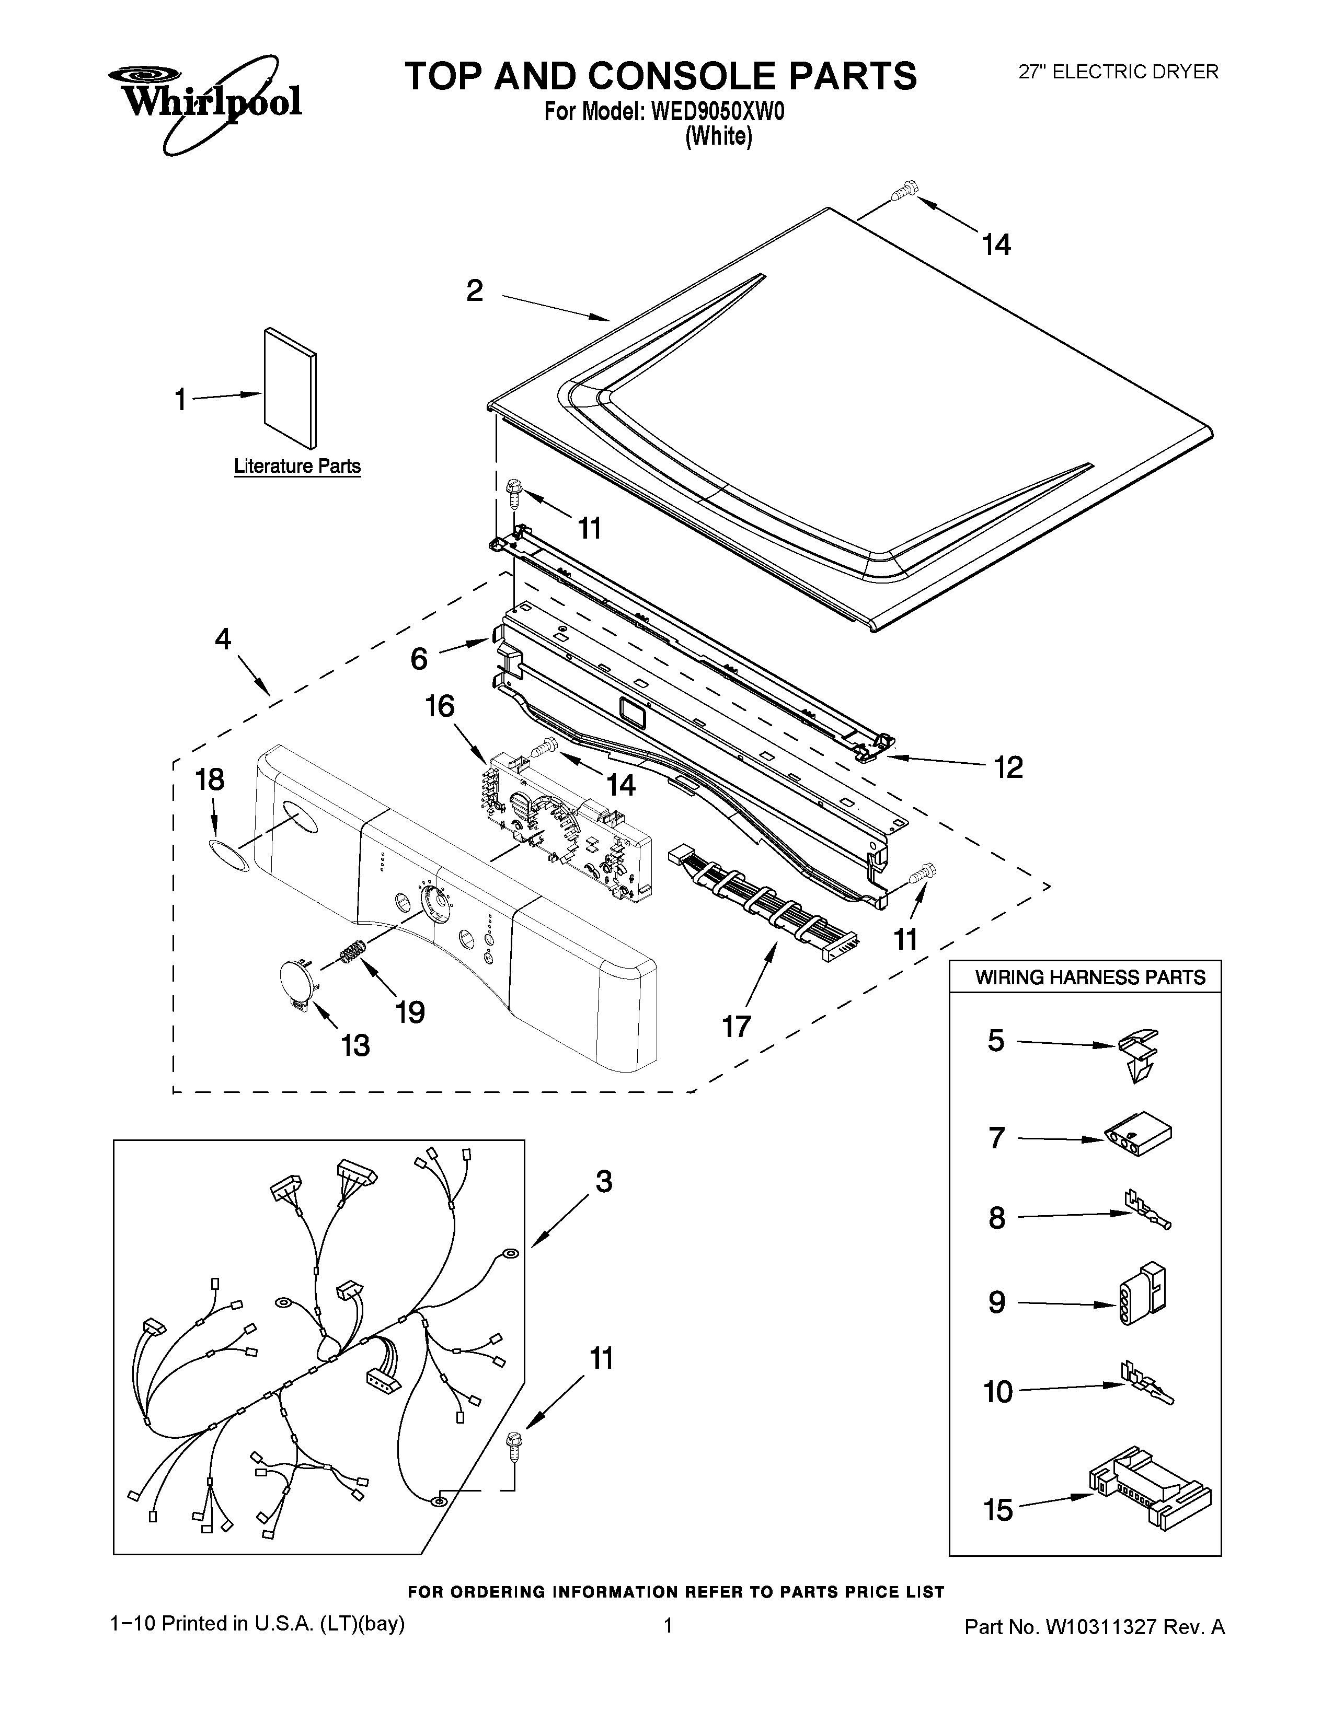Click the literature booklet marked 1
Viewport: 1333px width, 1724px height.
[290, 388]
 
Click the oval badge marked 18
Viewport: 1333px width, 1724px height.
[229, 855]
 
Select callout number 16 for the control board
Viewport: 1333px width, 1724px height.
[440, 706]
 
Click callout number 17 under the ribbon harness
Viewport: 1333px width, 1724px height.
[736, 1026]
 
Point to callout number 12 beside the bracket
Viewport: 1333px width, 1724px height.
[1008, 766]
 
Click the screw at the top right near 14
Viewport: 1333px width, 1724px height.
[903, 191]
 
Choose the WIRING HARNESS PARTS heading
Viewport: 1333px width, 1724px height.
[1090, 977]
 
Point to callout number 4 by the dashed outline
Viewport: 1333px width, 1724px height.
[224, 639]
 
